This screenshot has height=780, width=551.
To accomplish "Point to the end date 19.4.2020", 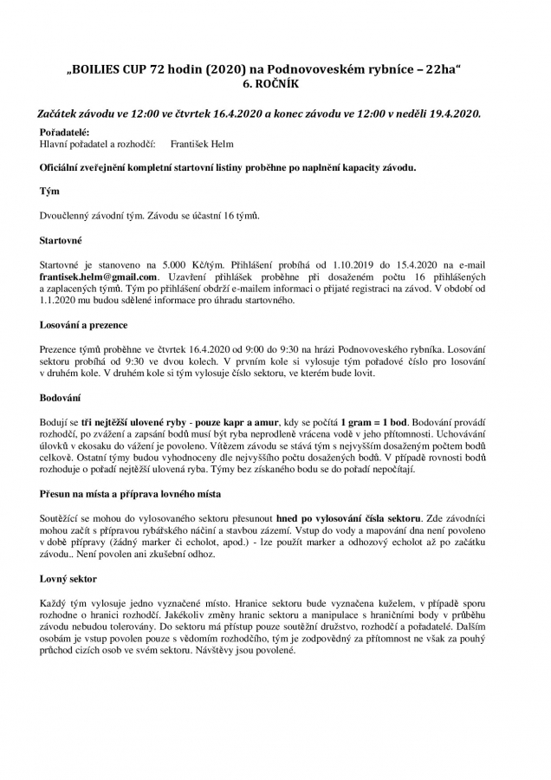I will [451, 114].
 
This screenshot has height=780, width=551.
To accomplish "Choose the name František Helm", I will [202, 144].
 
